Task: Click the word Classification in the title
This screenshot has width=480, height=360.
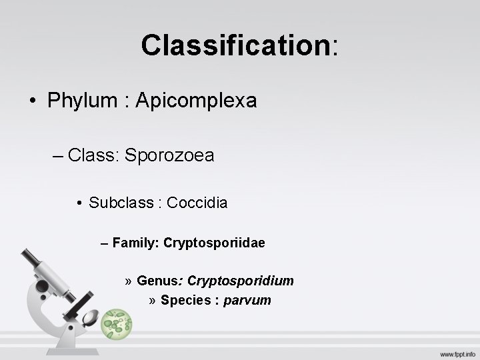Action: click(x=235, y=45)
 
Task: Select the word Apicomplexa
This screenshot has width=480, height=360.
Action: click(x=195, y=101)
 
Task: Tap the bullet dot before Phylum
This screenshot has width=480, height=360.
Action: click(x=32, y=101)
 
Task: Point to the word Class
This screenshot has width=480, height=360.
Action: click(x=93, y=155)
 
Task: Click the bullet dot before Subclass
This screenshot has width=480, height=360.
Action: click(x=79, y=203)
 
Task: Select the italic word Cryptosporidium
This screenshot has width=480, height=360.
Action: click(x=241, y=281)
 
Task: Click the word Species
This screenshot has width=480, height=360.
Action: click(x=185, y=300)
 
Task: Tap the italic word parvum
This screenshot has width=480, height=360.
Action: click(x=247, y=300)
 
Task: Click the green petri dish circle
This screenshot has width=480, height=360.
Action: click(x=117, y=325)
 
